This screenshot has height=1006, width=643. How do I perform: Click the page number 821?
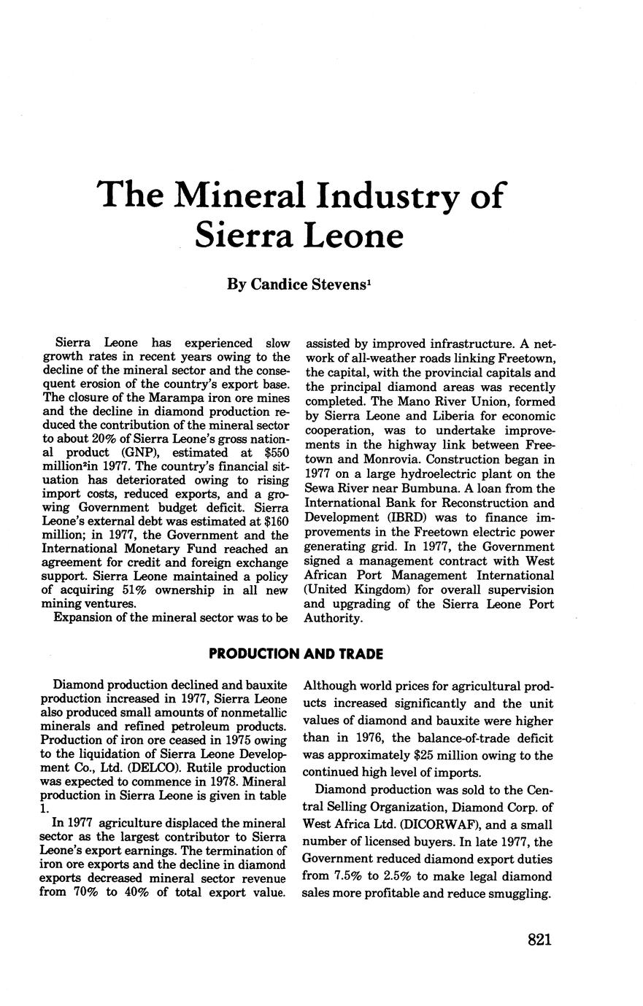tap(539, 940)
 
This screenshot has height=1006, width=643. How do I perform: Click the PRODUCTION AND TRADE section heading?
tap(296, 654)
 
